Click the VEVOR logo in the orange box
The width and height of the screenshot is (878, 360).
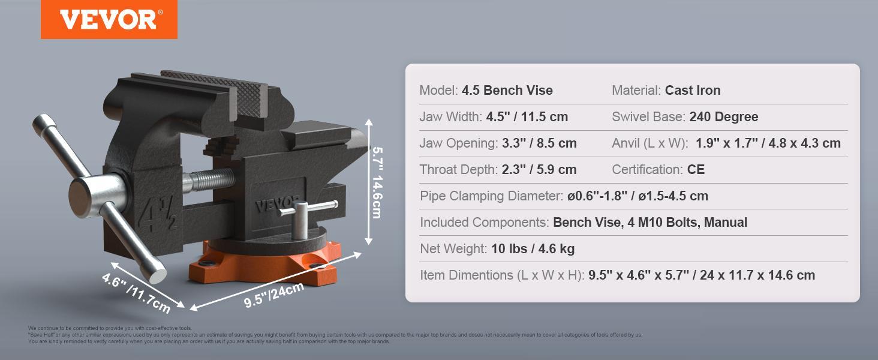point(109,19)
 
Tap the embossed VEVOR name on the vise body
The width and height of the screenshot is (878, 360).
point(277,203)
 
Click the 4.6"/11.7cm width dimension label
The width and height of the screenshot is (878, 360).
point(136,293)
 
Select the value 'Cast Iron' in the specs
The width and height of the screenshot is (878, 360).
point(693,91)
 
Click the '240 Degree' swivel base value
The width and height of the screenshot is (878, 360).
point(723,117)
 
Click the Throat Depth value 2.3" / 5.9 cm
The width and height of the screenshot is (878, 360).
point(539,170)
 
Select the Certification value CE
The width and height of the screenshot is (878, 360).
point(696,170)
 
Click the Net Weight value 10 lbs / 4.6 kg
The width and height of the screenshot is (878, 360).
point(533,249)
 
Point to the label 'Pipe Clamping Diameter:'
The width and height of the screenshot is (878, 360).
point(491,196)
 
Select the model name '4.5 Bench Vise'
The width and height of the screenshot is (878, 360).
point(507,91)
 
